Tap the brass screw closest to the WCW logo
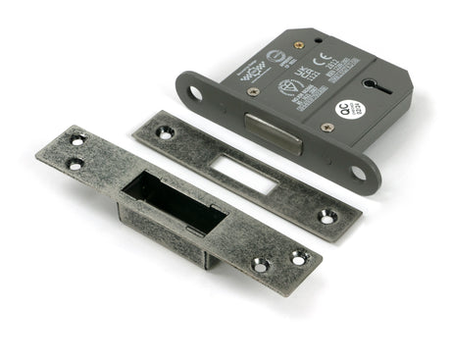(253, 91)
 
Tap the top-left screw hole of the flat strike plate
(163, 130)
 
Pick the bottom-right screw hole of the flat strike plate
(327, 217)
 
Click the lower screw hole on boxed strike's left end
(75, 163)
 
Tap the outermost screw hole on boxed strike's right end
(298, 258)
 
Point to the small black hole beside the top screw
(316, 39)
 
